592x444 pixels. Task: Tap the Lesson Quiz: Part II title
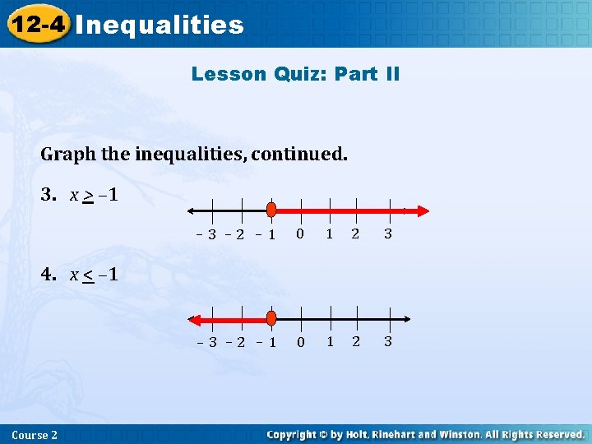coord(295,74)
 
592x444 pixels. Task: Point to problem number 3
coord(49,195)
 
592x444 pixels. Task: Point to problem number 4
coord(49,274)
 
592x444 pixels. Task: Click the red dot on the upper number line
coord(271,210)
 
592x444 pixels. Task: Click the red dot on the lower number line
coord(271,318)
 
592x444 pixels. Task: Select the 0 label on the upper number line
coord(300,234)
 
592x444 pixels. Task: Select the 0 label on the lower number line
coord(300,342)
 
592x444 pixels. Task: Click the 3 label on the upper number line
coord(387,234)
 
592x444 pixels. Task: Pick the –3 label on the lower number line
coord(206,342)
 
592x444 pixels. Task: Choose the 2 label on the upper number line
coord(355,234)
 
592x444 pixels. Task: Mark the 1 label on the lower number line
coord(329,342)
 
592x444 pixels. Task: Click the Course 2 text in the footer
coord(35,434)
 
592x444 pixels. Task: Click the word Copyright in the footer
coord(294,434)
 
